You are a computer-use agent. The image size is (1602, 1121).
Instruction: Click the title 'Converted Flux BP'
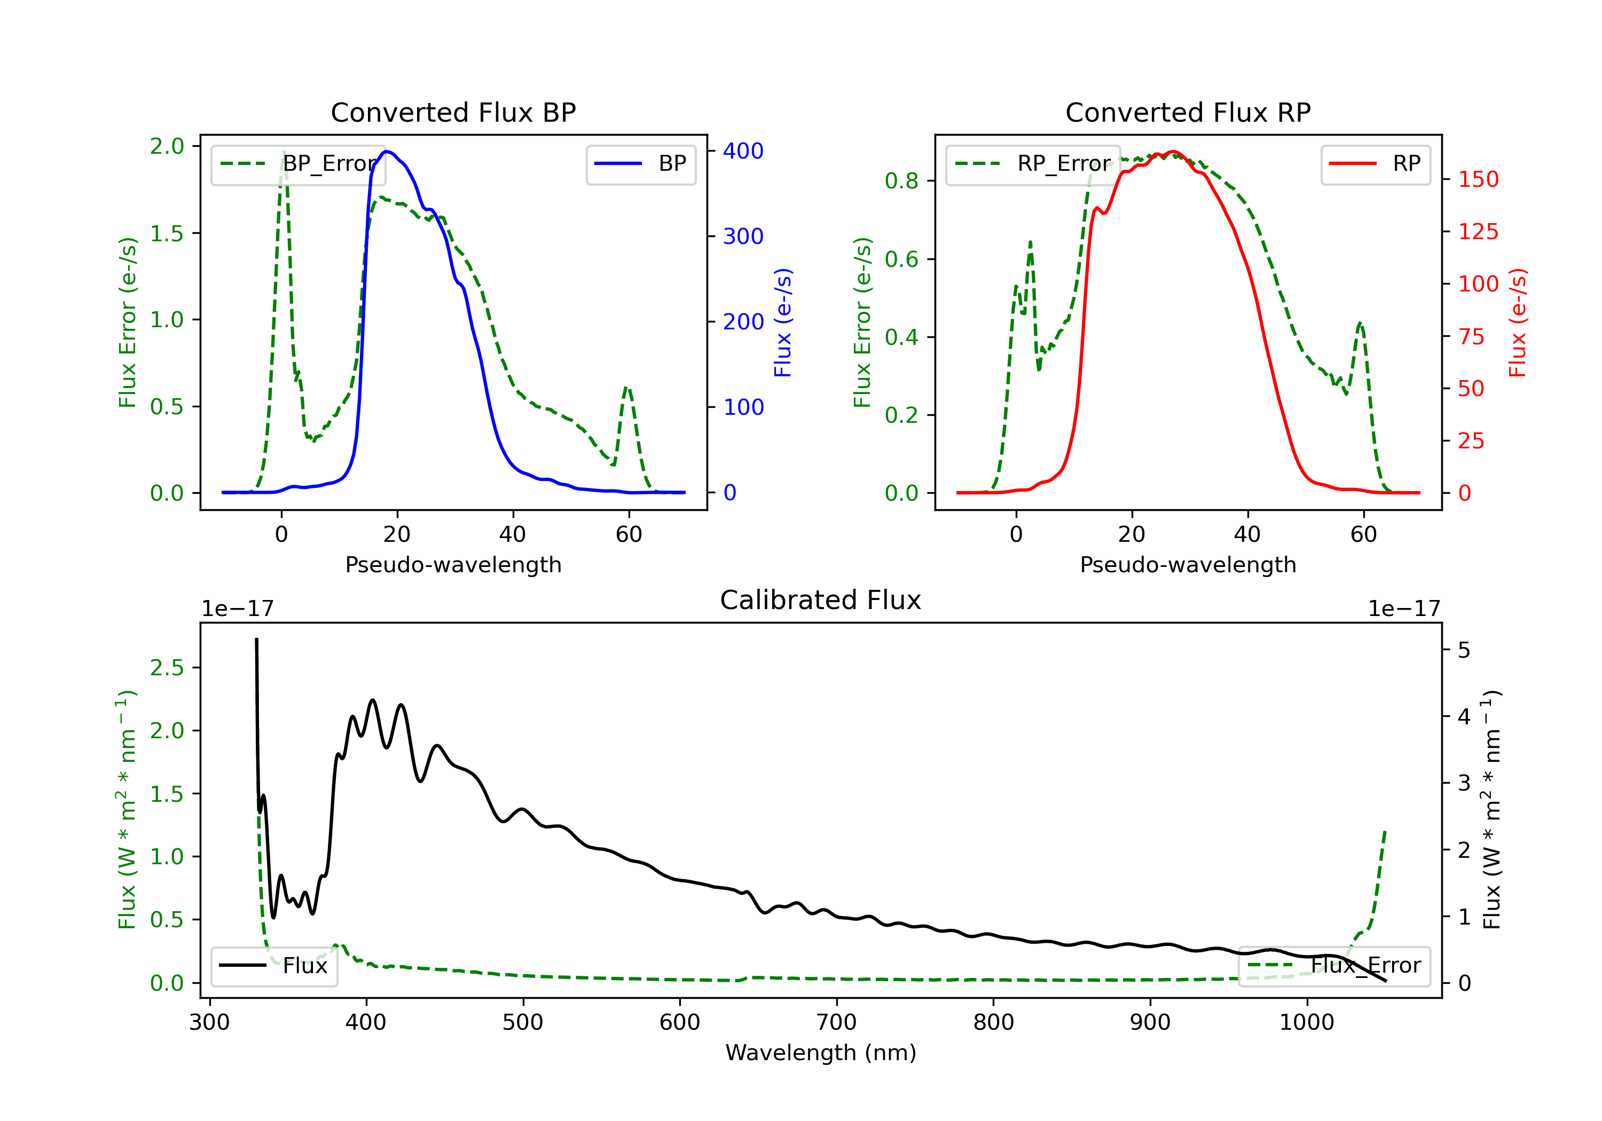[453, 112]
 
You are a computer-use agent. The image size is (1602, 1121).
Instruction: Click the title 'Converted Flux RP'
[1188, 112]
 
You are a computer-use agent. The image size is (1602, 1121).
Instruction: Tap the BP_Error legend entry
[298, 164]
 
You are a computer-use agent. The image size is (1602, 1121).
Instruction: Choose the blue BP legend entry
[640, 164]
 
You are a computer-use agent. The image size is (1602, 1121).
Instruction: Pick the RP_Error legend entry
[1033, 164]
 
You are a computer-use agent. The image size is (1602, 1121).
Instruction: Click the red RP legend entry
[1375, 164]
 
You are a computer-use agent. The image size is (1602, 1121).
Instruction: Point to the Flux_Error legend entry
[1334, 966]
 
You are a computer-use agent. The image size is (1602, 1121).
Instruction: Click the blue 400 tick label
[743, 151]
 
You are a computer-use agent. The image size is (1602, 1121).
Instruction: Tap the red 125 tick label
[1478, 232]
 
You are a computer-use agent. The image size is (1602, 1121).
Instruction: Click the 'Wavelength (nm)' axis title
[821, 1053]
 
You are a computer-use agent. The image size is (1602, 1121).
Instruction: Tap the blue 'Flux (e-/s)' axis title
[783, 323]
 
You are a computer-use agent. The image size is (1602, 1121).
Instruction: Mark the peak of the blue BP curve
[387, 152]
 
